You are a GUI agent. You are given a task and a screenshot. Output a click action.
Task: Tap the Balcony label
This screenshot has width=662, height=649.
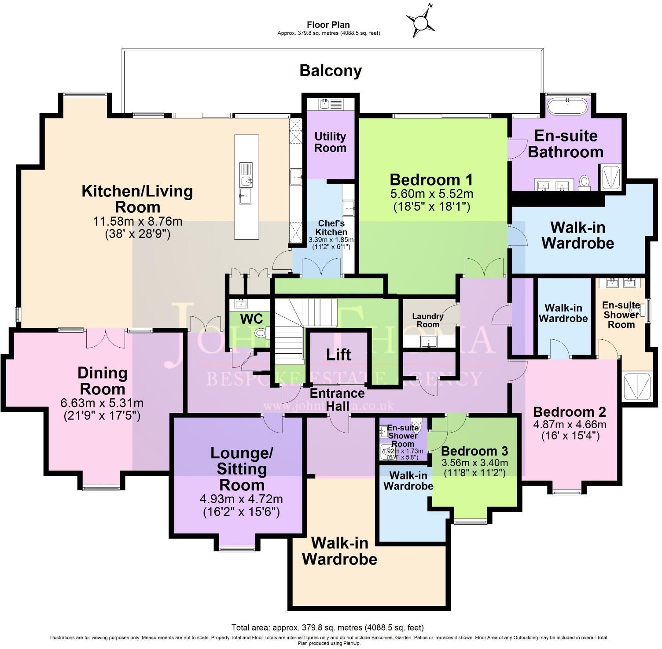click(x=331, y=70)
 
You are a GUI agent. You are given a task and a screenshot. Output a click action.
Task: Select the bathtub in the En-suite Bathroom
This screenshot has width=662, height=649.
click(x=567, y=105)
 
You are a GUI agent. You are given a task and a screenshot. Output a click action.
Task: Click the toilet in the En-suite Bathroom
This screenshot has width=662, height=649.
click(x=585, y=182)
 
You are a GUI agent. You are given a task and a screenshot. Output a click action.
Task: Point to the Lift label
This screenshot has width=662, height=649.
click(x=338, y=354)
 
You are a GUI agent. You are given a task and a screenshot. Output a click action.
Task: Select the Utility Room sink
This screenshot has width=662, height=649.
click(x=324, y=104)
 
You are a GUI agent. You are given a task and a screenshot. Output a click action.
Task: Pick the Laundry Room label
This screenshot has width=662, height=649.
click(x=427, y=320)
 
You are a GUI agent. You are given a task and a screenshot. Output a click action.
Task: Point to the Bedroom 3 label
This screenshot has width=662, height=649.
click(x=474, y=451)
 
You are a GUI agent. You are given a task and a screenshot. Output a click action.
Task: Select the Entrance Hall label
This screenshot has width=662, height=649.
click(x=337, y=399)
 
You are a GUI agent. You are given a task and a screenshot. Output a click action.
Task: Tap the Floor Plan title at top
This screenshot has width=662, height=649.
click(x=328, y=25)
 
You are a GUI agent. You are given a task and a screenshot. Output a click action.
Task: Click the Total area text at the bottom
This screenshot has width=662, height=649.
click(x=327, y=627)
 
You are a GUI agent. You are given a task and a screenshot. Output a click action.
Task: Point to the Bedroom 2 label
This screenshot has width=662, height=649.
click(x=569, y=412)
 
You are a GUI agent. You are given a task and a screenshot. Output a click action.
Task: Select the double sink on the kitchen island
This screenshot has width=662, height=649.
click(x=246, y=174)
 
